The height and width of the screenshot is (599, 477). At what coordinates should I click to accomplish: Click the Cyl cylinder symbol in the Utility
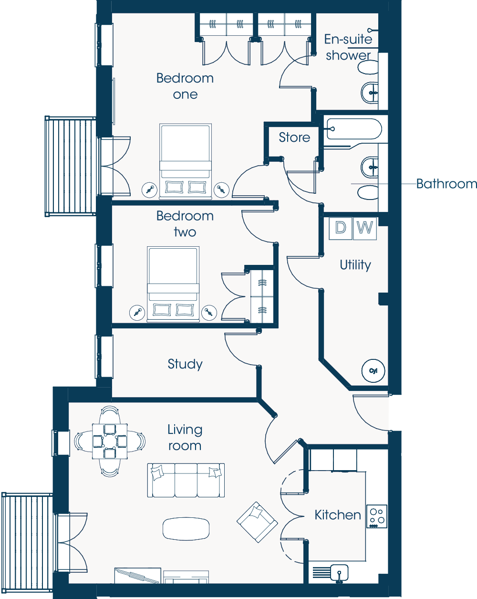[x=373, y=370]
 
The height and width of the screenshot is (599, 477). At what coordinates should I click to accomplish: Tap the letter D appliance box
[x=341, y=228]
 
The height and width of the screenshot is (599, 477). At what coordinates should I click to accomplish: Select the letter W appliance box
[x=364, y=228]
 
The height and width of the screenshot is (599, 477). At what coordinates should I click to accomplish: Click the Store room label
[x=294, y=137]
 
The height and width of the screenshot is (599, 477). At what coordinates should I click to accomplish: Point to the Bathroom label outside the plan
[x=446, y=184]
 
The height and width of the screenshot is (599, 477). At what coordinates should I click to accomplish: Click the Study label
[x=185, y=364]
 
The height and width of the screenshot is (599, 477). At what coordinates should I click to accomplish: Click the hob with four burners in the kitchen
[x=377, y=516]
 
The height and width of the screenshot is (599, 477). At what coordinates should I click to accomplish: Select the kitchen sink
[x=339, y=572]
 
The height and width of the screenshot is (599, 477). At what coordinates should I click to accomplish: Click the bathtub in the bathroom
[x=354, y=129]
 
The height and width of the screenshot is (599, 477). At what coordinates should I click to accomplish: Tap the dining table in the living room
[x=110, y=441]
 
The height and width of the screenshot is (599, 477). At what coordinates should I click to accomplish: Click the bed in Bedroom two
[x=173, y=284]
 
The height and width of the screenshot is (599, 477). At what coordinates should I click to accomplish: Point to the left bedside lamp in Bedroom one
[x=150, y=190]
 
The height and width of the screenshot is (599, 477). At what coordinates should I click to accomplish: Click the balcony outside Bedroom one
[x=71, y=167]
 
